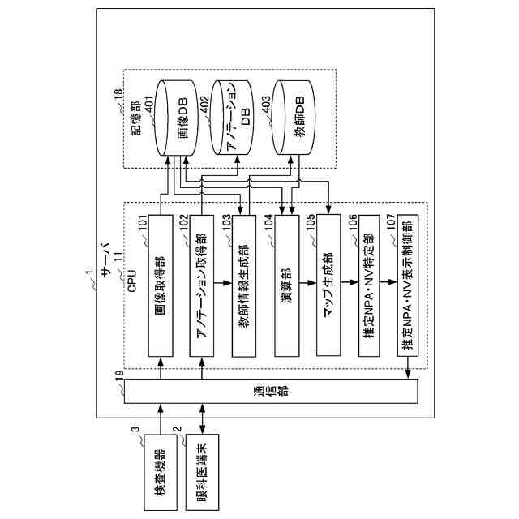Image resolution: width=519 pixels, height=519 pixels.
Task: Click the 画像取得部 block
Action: click(x=161, y=285)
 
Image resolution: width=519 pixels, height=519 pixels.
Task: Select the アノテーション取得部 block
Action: click(x=203, y=285)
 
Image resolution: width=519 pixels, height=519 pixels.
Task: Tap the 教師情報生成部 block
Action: click(x=245, y=285)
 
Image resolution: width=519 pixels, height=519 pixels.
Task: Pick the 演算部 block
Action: click(x=287, y=285)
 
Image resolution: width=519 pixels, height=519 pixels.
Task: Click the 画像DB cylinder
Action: click(x=179, y=118)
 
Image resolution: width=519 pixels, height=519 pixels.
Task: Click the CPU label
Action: click(x=131, y=283)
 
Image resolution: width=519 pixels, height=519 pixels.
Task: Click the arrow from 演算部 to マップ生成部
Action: click(x=308, y=285)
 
